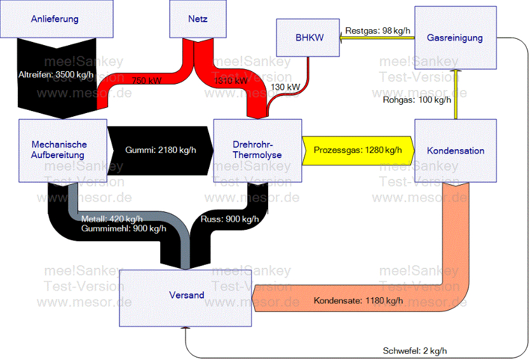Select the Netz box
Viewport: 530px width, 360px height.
(x=198, y=19)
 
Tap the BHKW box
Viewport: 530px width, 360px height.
(x=309, y=37)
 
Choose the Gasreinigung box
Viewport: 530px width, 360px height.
(x=454, y=37)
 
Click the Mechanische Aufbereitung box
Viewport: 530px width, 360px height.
(x=60, y=150)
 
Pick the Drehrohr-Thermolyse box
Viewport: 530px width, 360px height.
(x=257, y=150)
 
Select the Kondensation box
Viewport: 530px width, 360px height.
(x=455, y=150)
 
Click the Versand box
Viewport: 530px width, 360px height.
(x=186, y=295)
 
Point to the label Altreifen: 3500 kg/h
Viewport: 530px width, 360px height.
(x=56, y=75)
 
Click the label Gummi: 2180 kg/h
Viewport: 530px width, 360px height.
(x=161, y=150)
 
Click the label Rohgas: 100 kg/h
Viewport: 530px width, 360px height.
(x=417, y=99)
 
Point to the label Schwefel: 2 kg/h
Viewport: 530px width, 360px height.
(x=419, y=350)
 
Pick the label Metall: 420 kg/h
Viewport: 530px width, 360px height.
(x=115, y=220)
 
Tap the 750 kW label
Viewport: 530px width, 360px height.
(x=146, y=81)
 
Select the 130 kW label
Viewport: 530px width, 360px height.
(x=286, y=87)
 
